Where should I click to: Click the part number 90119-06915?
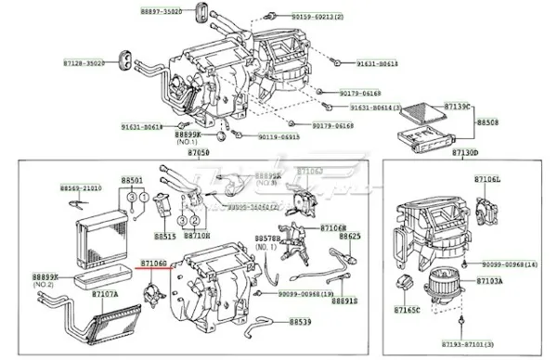pos(277,136)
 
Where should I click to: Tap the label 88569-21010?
pos(81,188)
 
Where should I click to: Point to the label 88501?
pos(132,180)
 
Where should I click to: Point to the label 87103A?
pos(489,279)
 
